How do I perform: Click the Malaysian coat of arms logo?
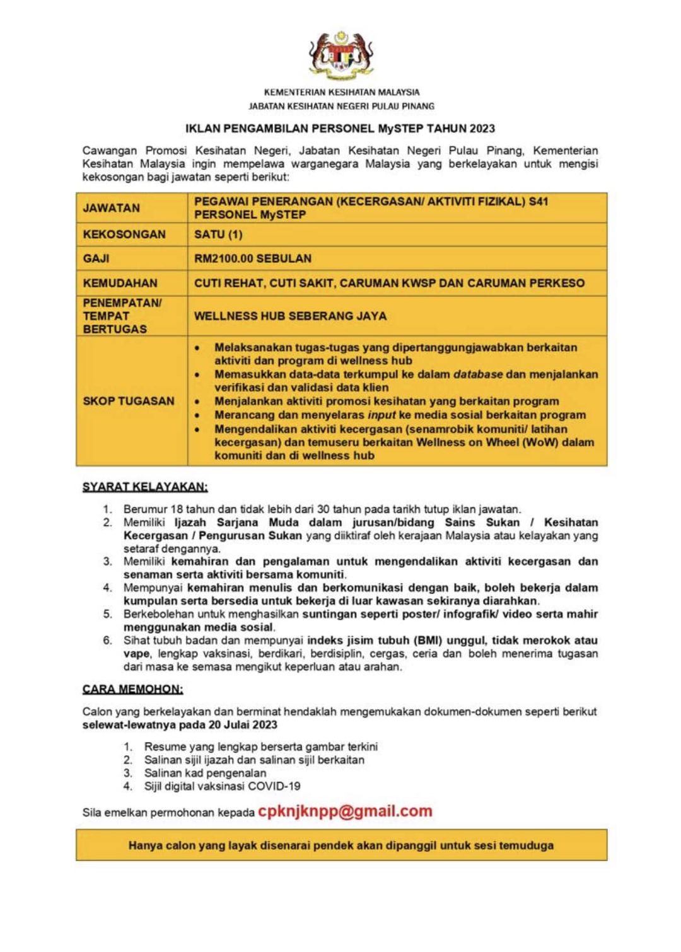(x=341, y=56)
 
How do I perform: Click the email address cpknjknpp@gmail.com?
(x=345, y=811)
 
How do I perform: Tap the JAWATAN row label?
(x=112, y=208)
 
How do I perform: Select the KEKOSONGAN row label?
(x=124, y=235)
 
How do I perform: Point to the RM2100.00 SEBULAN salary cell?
(x=253, y=258)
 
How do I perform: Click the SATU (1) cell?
(x=218, y=235)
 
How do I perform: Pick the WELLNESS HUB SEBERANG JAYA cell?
(x=290, y=316)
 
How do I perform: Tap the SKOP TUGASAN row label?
(x=129, y=401)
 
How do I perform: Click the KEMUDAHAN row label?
(x=120, y=283)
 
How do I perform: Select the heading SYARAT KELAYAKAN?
(x=145, y=487)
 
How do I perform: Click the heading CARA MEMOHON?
(x=132, y=689)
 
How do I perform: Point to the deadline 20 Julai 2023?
(x=242, y=725)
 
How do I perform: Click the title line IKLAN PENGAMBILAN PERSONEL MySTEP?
(x=340, y=129)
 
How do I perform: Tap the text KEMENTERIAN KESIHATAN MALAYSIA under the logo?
(x=341, y=92)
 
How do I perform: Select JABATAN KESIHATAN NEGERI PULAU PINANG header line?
(x=341, y=106)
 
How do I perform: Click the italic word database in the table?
(x=478, y=374)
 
